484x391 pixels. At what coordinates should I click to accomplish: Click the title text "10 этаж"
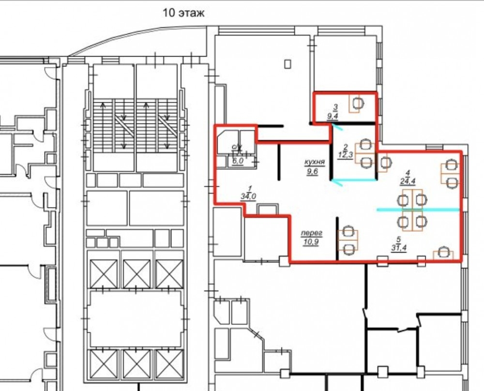coord(183,13)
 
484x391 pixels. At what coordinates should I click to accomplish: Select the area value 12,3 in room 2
coord(345,155)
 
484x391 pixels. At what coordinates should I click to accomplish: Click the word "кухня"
coord(315,162)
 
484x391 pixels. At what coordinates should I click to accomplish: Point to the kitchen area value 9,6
coord(312,172)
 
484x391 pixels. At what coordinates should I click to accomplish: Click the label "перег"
coord(311,233)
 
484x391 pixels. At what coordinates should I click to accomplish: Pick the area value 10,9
coord(311,242)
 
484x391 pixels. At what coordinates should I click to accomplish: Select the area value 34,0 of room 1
coord(248,196)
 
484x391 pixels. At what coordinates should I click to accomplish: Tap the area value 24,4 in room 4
coord(408,181)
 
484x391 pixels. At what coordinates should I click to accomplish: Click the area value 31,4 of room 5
coord(398,248)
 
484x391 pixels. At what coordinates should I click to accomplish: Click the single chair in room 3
coord(358,104)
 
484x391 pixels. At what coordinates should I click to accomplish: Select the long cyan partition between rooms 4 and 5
coord(418,210)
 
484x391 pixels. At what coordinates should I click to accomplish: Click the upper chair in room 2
coord(365,144)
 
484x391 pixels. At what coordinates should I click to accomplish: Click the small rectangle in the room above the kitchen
coord(287,64)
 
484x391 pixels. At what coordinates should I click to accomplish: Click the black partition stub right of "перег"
coord(337,238)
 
